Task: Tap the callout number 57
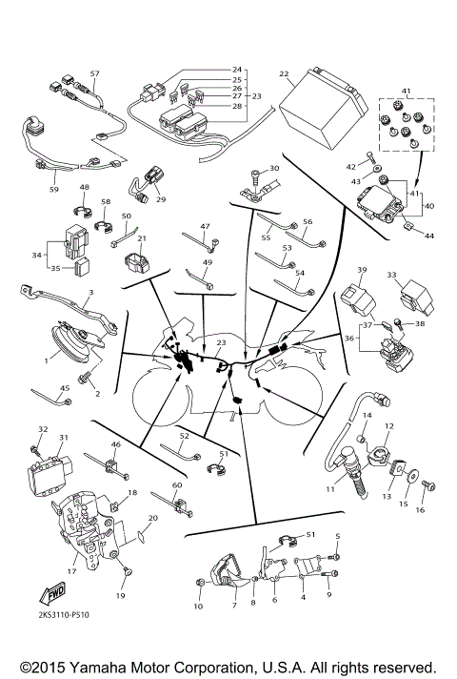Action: tap(94, 73)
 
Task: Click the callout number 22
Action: tap(284, 73)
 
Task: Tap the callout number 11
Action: tap(329, 488)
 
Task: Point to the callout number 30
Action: tap(274, 169)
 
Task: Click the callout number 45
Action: tap(65, 387)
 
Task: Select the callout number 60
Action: tap(177, 485)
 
